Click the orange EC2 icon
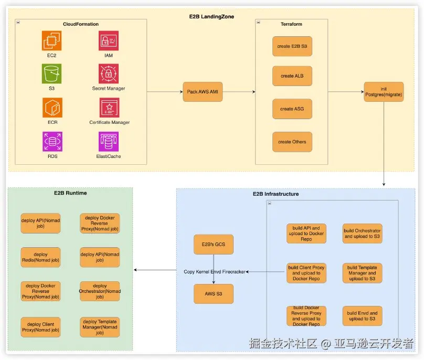pos(52,40)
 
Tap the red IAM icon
pos(109,40)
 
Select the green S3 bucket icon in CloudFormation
pos(52,74)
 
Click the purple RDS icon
pos(52,141)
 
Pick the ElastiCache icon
pos(109,141)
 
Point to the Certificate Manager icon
pos(109,108)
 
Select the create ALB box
pos(292,76)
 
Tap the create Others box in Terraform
pos(292,142)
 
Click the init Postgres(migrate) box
pos(384,91)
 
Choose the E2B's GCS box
pos(214,244)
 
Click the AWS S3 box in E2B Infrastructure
pos(214,294)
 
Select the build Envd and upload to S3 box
pos(362,316)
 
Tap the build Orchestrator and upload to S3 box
pos(362,234)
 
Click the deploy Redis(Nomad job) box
pos(40,257)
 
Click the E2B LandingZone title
pos(211,17)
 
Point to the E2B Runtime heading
pos(70,193)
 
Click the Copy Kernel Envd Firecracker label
pos(214,272)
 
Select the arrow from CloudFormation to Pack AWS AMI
pos(164,91)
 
